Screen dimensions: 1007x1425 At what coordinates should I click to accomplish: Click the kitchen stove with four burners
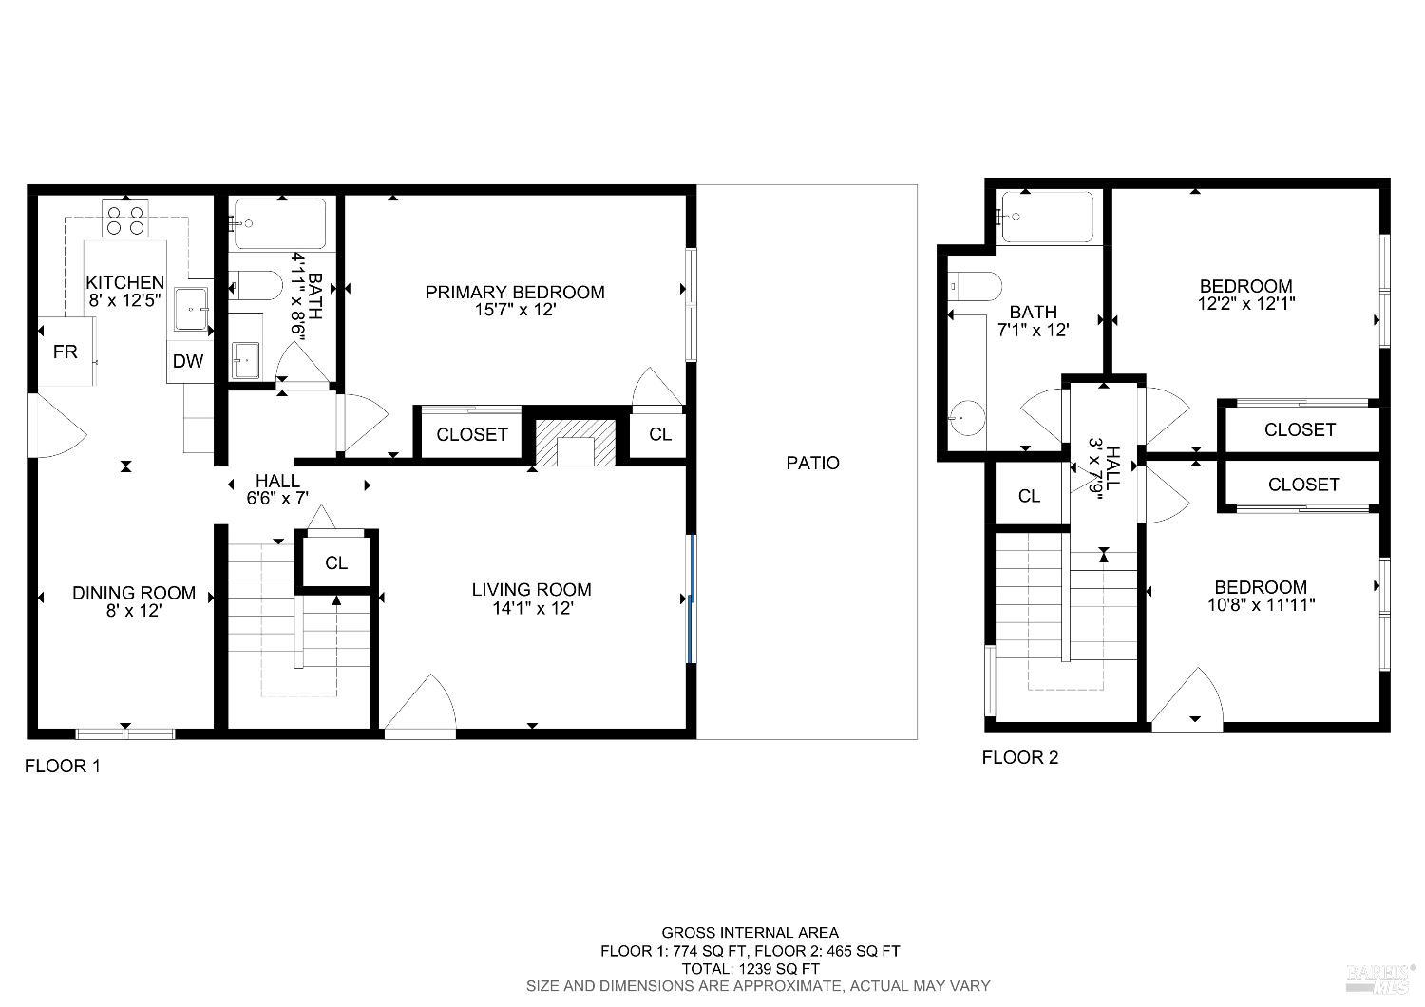point(125,219)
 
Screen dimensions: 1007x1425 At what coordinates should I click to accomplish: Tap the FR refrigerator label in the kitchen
point(65,352)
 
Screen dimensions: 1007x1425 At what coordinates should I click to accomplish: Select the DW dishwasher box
point(188,361)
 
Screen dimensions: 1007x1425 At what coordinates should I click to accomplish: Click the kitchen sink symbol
point(194,309)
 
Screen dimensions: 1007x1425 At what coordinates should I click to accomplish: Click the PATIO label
point(812,463)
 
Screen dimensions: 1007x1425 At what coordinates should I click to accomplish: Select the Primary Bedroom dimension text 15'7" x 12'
point(515,309)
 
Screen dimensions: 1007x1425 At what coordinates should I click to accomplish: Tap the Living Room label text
point(531,590)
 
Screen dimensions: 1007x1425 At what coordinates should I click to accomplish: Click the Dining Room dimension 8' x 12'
point(134,611)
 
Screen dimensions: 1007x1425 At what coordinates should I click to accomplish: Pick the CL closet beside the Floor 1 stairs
point(336,562)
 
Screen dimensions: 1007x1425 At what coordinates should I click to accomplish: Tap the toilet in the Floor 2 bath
point(976,285)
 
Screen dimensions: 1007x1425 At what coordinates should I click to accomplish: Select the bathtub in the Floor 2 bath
point(1048,217)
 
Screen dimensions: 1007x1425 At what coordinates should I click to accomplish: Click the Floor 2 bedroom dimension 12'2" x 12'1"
point(1245,303)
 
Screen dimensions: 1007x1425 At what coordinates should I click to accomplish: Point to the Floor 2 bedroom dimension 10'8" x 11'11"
point(1261,604)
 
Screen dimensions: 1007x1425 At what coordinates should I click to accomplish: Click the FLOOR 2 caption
point(1019,757)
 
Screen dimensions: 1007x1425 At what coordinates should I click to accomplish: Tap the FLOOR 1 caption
point(62,766)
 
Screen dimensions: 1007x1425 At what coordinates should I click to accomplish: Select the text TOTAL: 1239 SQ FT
point(750,968)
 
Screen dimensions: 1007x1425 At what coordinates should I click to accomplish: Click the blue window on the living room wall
point(692,598)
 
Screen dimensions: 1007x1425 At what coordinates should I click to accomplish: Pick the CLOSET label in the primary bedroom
point(471,434)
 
